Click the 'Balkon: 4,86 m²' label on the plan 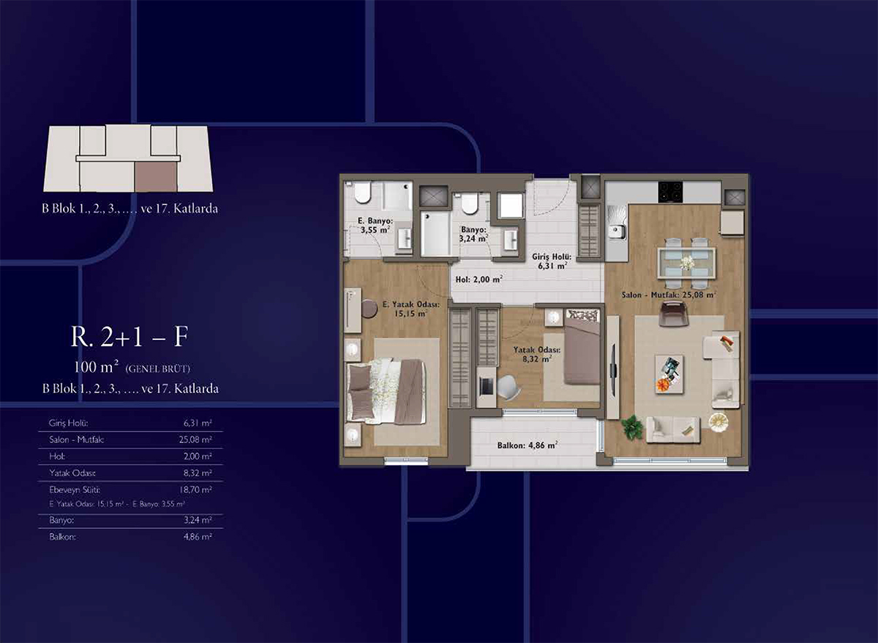tap(528, 445)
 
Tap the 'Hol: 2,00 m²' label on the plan tap(479, 279)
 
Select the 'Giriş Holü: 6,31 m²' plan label tap(552, 261)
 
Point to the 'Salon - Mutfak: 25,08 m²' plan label tap(669, 294)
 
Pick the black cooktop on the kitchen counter tap(670, 192)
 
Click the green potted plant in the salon tap(632, 427)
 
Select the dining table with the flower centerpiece tap(687, 263)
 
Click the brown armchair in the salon tap(674, 314)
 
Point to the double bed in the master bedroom tap(386, 392)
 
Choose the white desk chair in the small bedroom tap(509, 387)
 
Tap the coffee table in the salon tap(669, 374)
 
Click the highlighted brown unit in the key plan tap(156, 177)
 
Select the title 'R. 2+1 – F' tap(130, 337)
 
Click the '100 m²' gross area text tap(97, 367)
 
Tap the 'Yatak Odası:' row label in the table tap(72, 473)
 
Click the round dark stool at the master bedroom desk tap(369, 308)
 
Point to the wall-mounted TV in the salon tap(613, 370)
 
